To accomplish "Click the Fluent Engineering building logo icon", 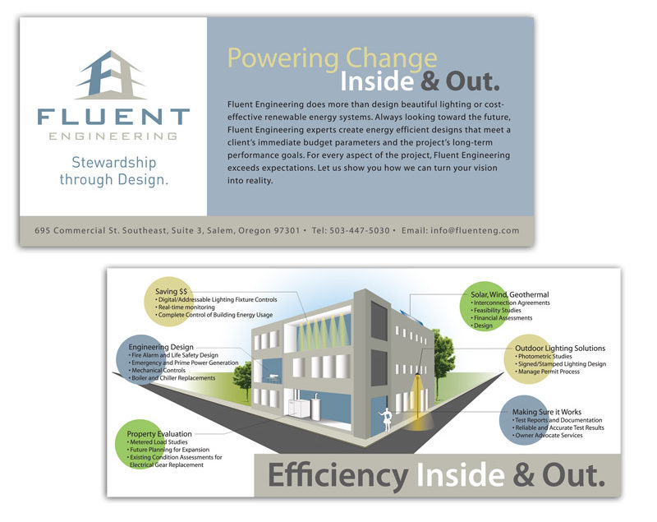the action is coord(111,75).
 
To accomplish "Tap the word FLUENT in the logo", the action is coord(113,117).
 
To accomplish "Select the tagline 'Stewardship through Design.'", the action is coord(114,171).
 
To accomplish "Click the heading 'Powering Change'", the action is coord(333,58).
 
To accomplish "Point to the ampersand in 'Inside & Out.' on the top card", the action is coord(430,81).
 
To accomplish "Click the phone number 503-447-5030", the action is coord(360,230).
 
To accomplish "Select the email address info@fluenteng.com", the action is coord(475,230).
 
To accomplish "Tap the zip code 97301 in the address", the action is coord(287,230).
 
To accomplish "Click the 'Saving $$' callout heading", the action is coord(171,291).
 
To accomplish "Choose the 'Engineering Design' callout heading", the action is coord(161,347).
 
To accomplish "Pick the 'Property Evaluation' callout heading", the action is coord(159,434).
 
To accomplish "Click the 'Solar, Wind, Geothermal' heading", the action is coord(509,295).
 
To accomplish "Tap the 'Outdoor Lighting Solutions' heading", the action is coord(560,348).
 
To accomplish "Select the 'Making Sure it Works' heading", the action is coord(547,412).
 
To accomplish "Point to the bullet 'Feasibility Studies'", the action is coord(496,310).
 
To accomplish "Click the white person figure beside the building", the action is coord(386,420).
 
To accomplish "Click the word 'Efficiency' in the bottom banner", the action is coord(338,476).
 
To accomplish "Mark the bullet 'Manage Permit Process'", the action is coord(547,372).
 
